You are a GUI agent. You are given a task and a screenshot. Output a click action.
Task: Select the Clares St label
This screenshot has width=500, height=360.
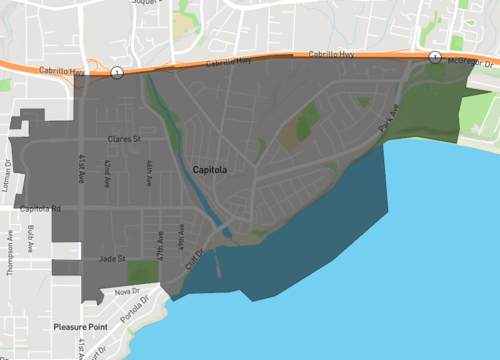click(x=125, y=139)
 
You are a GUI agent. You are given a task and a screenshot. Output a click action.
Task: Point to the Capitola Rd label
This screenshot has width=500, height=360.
click(x=41, y=209)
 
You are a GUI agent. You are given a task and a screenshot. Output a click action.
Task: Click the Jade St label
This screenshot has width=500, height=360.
click(x=111, y=259)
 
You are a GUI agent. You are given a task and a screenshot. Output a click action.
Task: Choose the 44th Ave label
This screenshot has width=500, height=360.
click(x=148, y=172)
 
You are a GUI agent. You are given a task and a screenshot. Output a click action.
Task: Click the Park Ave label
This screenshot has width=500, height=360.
click(x=390, y=122)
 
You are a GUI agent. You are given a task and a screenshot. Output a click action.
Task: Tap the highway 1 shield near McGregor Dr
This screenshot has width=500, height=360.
click(x=435, y=57)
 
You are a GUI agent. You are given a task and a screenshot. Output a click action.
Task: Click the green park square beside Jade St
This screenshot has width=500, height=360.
click(x=143, y=272)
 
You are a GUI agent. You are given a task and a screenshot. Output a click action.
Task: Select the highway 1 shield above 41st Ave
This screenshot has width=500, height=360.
click(x=118, y=72)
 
